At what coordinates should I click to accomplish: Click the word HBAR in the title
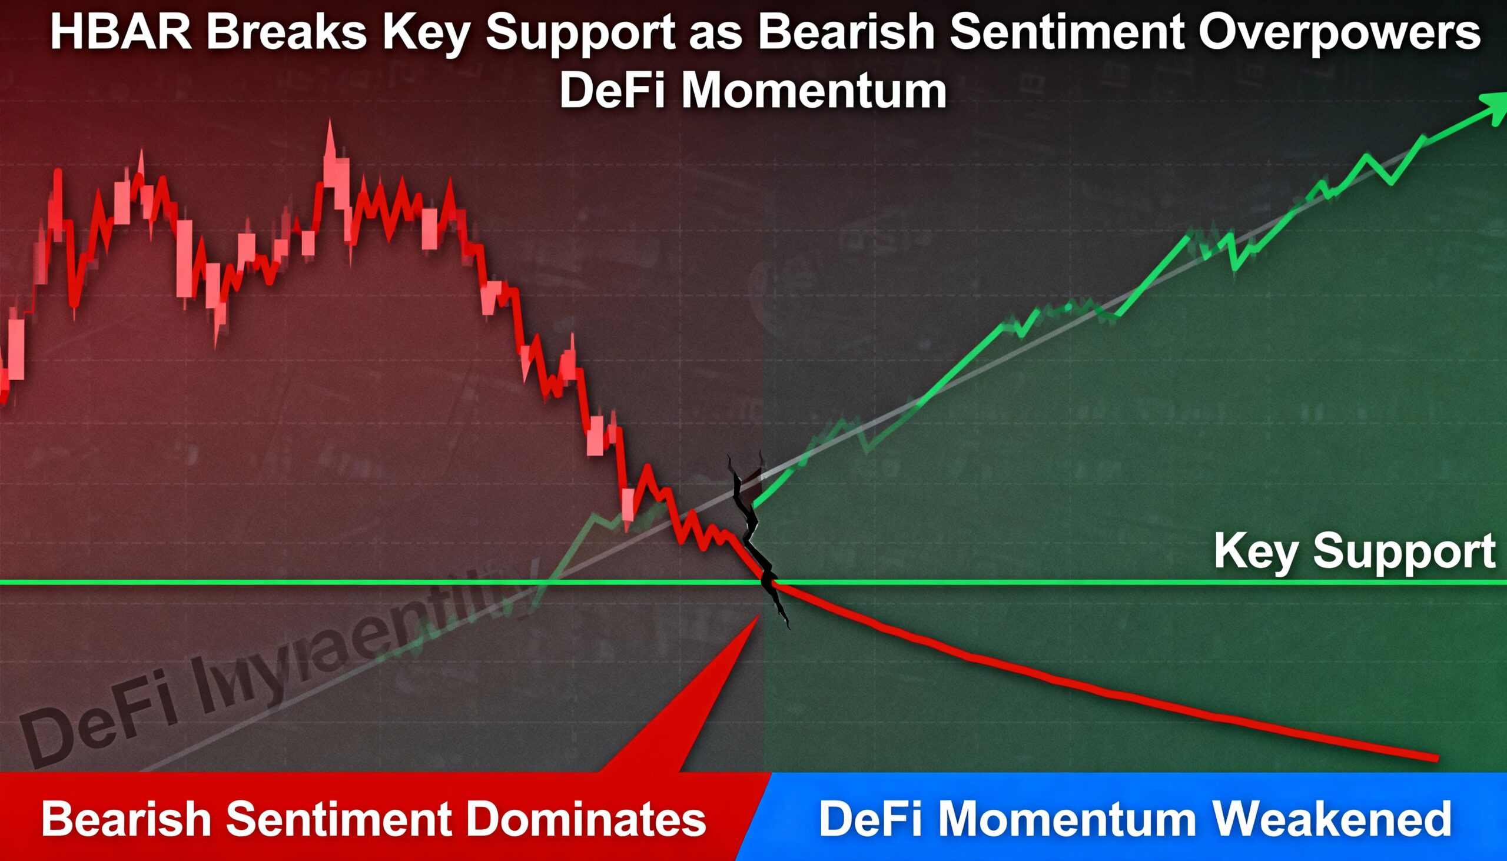(x=121, y=33)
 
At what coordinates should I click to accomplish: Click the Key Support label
(x=1354, y=551)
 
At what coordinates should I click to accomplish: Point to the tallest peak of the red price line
(x=330, y=124)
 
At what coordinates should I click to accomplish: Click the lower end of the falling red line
(x=1436, y=758)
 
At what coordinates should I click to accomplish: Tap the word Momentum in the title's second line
(x=814, y=92)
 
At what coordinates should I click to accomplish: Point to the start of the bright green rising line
(x=755, y=506)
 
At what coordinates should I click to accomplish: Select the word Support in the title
(x=580, y=33)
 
